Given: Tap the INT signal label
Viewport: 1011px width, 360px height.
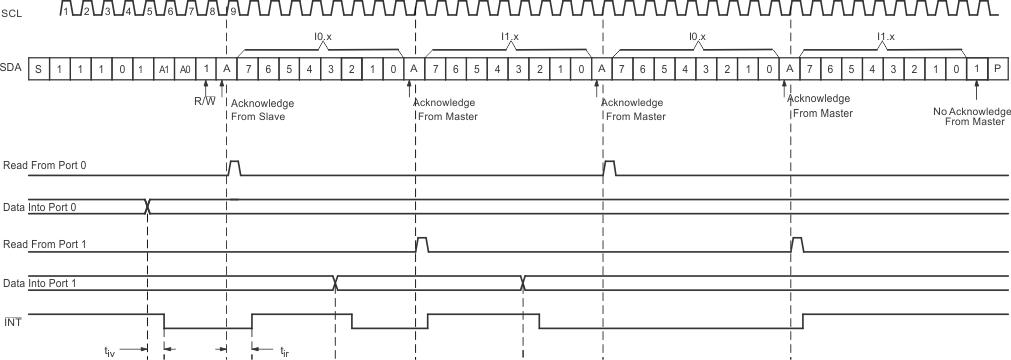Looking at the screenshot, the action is tap(12, 319).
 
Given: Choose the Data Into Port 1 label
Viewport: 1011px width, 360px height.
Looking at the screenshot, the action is tap(45, 283).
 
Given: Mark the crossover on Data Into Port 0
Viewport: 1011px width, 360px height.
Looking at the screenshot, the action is tap(147, 206).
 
